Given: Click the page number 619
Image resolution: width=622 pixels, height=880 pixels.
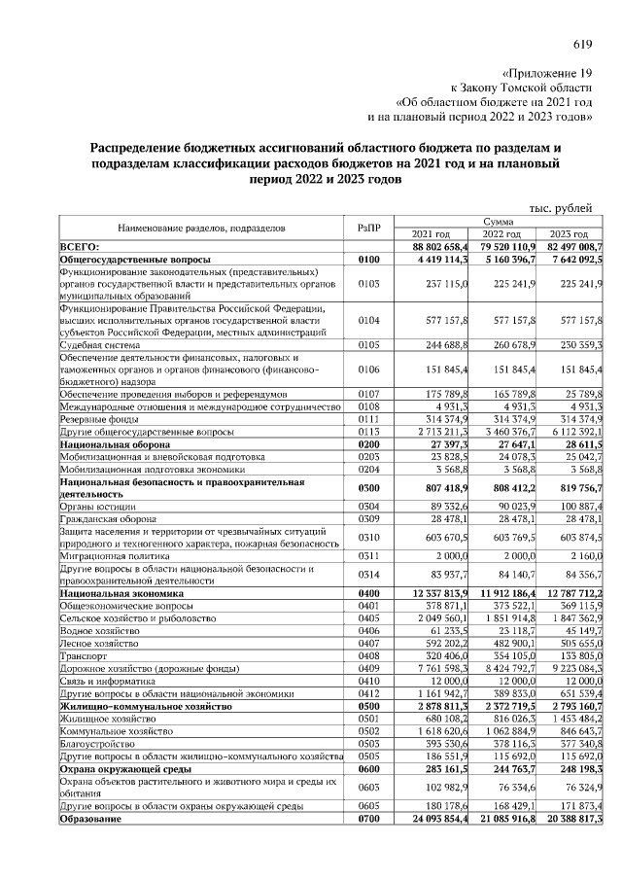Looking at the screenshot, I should click(x=582, y=44).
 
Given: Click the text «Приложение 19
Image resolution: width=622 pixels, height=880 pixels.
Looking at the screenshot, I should click(x=547, y=72).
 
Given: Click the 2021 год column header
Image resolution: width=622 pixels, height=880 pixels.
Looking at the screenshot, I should click(x=431, y=234).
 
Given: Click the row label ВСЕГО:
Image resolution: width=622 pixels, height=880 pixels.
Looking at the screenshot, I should click(x=81, y=248).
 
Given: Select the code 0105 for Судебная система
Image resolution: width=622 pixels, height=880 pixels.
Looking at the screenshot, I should click(x=369, y=344).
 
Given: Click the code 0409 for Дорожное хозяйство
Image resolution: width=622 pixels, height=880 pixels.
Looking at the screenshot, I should click(x=369, y=669).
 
